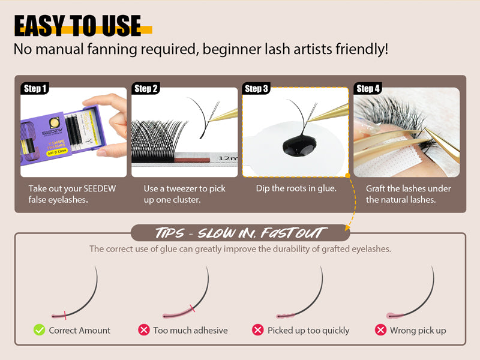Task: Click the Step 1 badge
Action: pyautogui.click(x=35, y=89)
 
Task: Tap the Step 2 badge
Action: pyautogui.click(x=146, y=89)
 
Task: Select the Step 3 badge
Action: pyautogui.click(x=257, y=89)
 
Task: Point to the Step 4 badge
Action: pyautogui.click(x=368, y=89)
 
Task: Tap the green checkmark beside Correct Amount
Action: pyautogui.click(x=40, y=329)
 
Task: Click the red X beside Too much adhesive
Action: pyautogui.click(x=144, y=329)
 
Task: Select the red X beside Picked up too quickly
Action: pyautogui.click(x=258, y=329)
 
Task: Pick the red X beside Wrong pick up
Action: pyautogui.click(x=380, y=329)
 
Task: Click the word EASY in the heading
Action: pyautogui.click(x=39, y=27)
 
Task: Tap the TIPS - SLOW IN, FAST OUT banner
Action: pyautogui.click(x=240, y=233)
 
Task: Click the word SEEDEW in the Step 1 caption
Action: pyautogui.click(x=99, y=188)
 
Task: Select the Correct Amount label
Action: pyautogui.click(x=80, y=330)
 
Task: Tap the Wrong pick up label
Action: pyautogui.click(x=418, y=330)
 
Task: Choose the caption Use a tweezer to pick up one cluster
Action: pyautogui.click(x=184, y=194)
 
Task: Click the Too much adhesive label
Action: pyautogui.click(x=190, y=330)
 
